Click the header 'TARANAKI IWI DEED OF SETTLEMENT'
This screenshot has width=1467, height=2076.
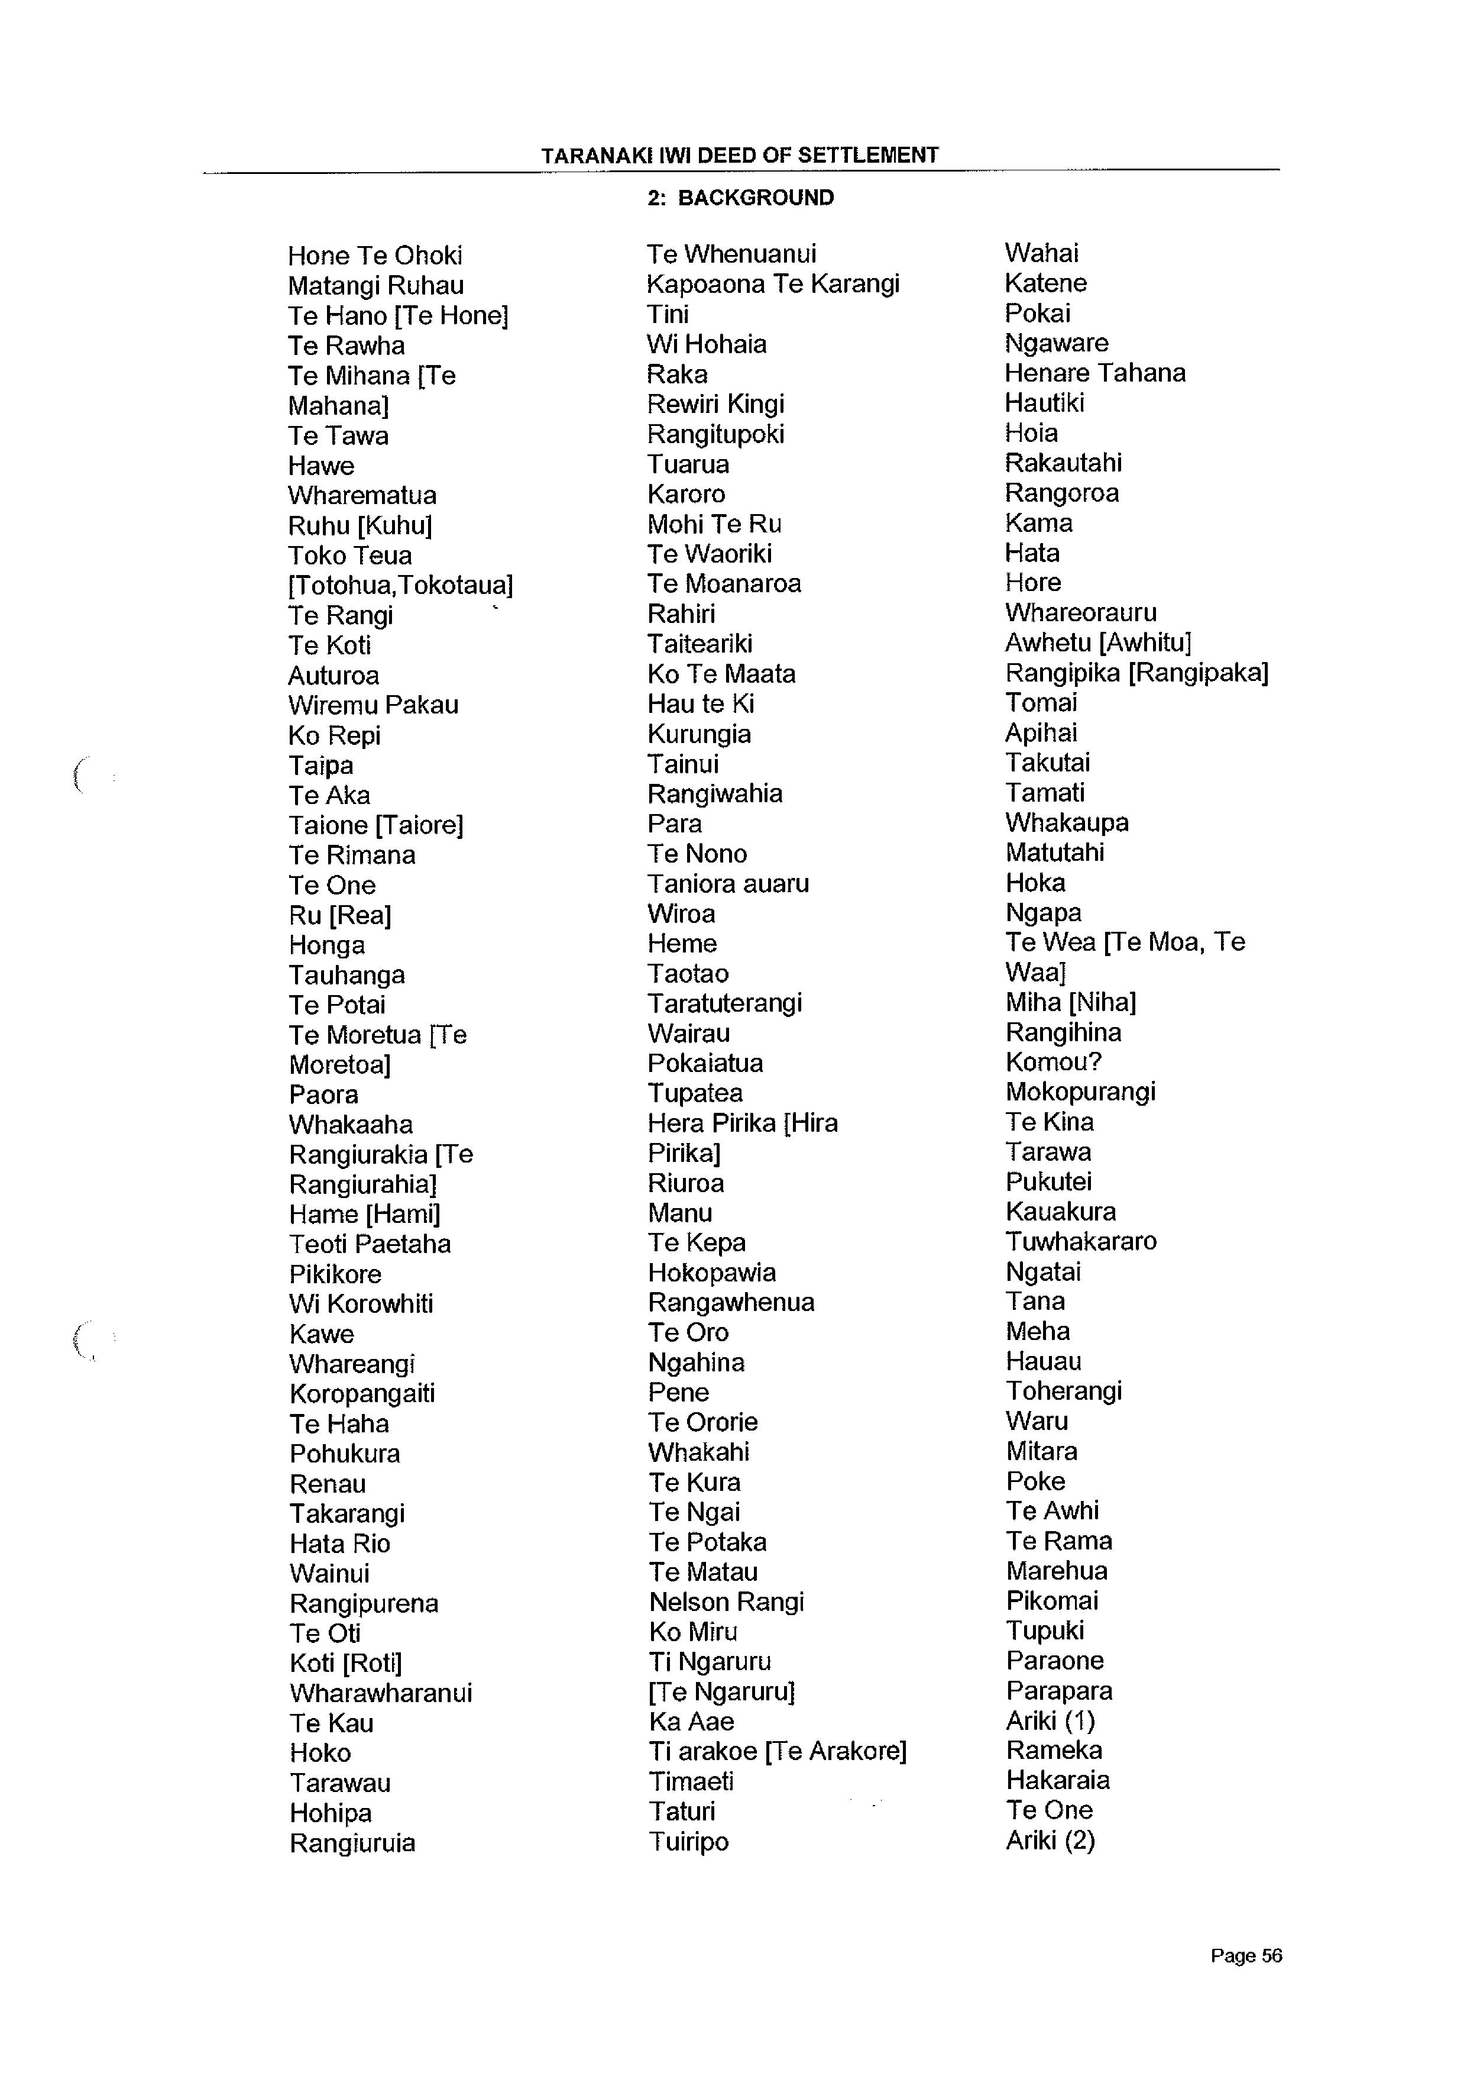(739, 156)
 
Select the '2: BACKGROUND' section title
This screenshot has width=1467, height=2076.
(740, 198)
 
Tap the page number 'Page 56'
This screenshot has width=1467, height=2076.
(1245, 1956)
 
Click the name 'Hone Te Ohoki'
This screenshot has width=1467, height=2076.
(375, 256)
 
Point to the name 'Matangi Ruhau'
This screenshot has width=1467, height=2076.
(376, 286)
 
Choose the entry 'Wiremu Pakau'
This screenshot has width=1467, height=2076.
(373, 705)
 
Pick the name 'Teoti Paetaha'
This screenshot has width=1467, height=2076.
(370, 1244)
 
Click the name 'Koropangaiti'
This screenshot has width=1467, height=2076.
(361, 1393)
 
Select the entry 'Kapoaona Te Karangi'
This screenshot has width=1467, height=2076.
(773, 284)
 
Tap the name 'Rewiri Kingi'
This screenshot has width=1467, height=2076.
(715, 404)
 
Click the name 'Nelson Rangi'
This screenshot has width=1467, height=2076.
(726, 1602)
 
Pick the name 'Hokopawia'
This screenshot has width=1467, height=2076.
(711, 1273)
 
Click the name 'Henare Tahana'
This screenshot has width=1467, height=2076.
(1094, 373)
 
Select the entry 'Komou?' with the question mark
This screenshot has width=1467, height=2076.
(1053, 1063)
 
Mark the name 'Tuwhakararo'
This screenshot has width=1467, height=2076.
(1081, 1241)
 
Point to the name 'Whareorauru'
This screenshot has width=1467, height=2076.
(1080, 613)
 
